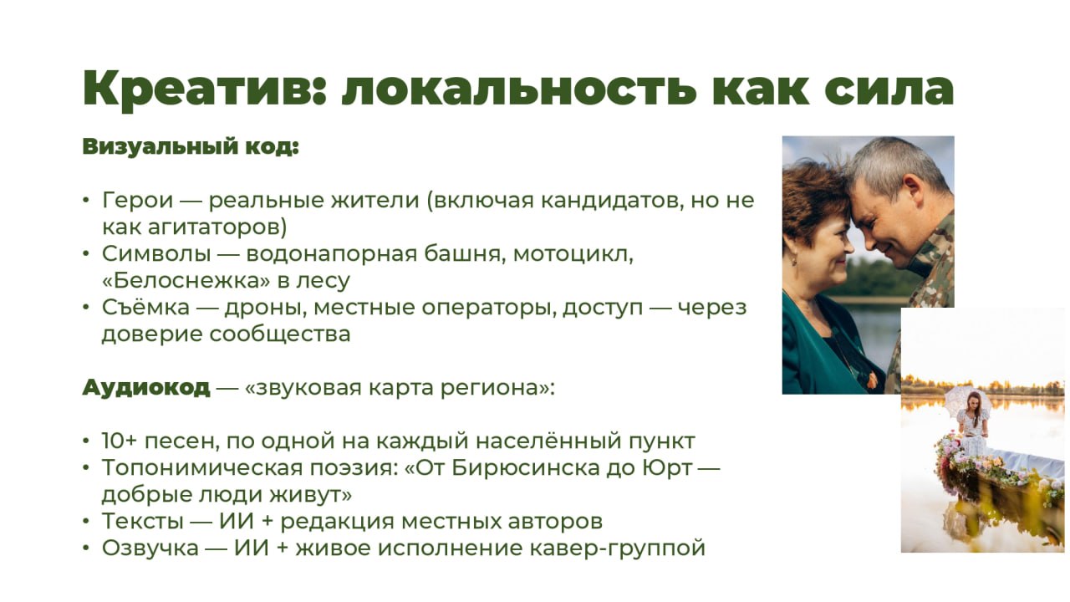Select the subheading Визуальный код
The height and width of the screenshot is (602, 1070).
191,146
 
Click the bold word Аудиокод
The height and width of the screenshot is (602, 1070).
146,387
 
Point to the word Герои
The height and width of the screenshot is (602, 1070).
137,200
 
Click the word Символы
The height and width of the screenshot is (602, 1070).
156,253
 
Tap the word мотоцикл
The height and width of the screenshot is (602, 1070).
573,254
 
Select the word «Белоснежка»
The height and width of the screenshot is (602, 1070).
186,280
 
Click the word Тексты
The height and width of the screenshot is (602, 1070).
143,521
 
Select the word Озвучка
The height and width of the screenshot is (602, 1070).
150,548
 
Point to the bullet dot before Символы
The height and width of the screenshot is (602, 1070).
86,253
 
